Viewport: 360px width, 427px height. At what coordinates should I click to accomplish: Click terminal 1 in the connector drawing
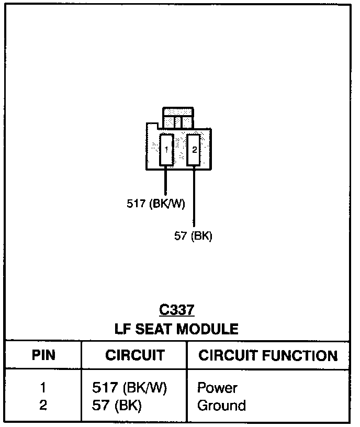(x=166, y=150)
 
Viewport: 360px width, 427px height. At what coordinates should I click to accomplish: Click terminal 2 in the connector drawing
(x=194, y=150)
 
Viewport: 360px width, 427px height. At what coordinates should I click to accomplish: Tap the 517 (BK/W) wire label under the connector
(x=156, y=204)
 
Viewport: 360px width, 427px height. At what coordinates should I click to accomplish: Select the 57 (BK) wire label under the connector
(x=193, y=236)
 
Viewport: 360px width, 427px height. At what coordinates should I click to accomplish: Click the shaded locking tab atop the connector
(x=178, y=118)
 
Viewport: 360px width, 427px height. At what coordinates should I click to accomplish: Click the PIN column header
(x=43, y=356)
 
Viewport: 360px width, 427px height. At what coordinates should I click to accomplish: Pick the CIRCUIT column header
(x=134, y=356)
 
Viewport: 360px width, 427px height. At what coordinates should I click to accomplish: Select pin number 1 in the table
(x=43, y=388)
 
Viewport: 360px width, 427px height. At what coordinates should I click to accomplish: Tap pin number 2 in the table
(x=43, y=406)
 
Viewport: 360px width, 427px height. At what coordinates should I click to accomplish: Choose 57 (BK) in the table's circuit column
(x=117, y=406)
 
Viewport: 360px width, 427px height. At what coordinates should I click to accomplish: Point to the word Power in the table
(x=217, y=388)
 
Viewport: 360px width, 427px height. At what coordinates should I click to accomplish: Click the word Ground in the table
(x=221, y=406)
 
